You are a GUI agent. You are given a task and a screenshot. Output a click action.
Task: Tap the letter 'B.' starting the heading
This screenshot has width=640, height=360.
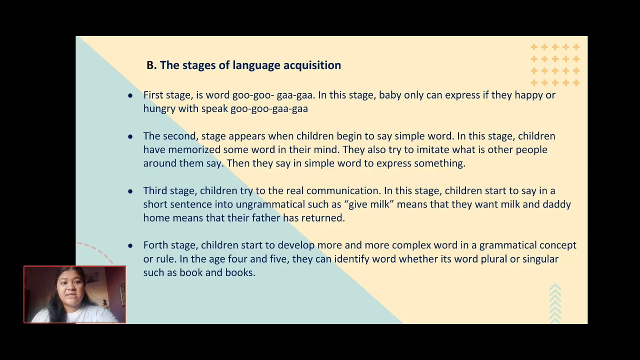(151, 65)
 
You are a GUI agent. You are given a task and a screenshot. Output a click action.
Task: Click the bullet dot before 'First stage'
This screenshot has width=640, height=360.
(130, 95)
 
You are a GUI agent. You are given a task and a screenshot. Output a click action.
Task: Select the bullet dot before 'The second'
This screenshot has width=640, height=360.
(130, 136)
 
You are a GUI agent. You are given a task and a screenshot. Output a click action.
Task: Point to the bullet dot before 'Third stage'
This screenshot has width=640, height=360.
(130, 191)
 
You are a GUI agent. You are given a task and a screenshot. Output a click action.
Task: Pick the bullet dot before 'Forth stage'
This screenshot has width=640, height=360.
(130, 245)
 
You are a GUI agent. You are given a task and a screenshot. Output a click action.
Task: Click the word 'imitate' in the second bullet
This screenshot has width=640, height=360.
(433, 149)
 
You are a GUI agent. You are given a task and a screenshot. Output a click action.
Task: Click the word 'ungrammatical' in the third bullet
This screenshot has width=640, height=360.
(268, 204)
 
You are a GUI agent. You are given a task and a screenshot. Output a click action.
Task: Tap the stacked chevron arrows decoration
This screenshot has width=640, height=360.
(555, 302)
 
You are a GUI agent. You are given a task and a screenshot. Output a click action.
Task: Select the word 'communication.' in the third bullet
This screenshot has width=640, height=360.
(343, 191)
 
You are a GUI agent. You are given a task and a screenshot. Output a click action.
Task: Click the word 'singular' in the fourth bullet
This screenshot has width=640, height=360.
(539, 259)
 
